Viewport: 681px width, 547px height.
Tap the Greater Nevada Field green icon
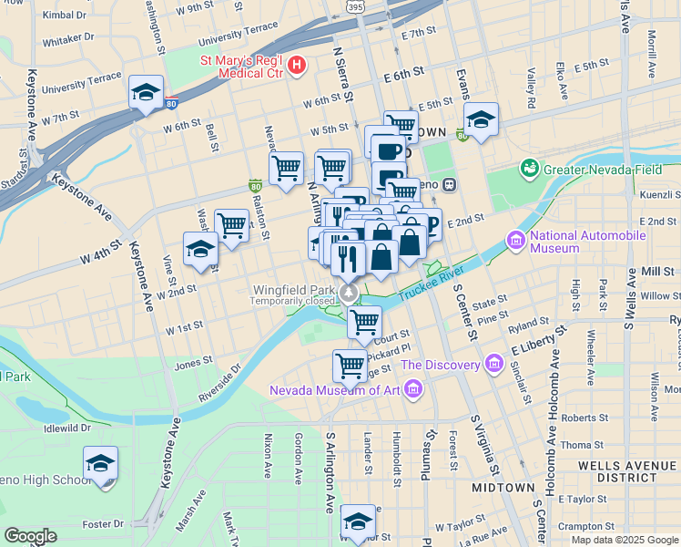529,169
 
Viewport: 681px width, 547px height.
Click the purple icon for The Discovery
494,365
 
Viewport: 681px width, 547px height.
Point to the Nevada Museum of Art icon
413,391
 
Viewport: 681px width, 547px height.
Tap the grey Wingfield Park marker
349,292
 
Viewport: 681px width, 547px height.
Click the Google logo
31,536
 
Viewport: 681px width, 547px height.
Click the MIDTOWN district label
503,488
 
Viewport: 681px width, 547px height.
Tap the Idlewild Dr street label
66,427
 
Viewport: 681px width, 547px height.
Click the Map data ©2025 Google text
624,539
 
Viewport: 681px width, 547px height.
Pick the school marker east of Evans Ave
481,119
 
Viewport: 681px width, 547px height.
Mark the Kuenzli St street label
660,195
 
